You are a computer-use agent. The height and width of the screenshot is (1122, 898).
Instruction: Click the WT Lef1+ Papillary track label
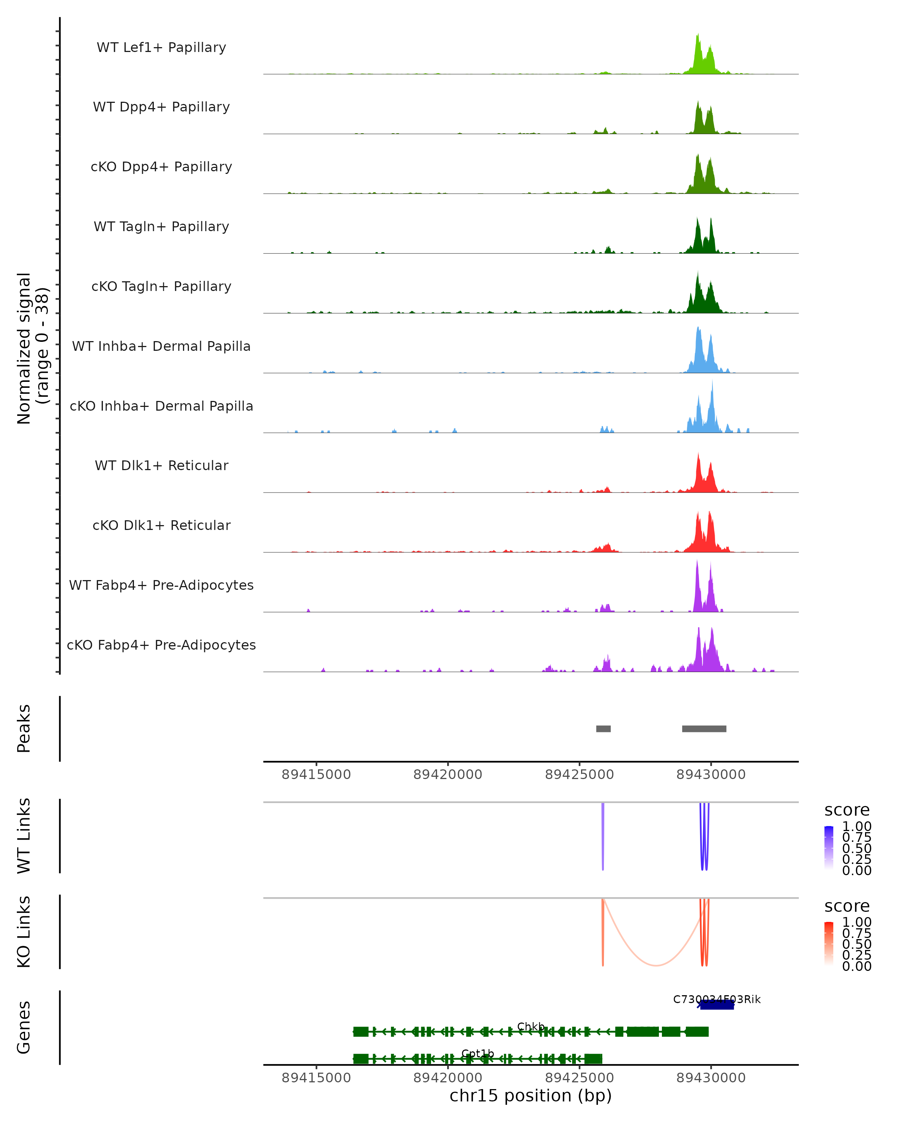click(x=161, y=47)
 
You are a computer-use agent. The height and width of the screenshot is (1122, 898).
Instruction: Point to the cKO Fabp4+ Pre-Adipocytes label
click(x=161, y=645)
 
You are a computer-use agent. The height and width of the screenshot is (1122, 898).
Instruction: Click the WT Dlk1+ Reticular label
click(x=161, y=465)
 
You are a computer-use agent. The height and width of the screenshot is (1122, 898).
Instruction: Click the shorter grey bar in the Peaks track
click(x=604, y=729)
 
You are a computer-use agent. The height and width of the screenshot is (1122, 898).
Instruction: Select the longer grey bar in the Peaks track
click(x=704, y=729)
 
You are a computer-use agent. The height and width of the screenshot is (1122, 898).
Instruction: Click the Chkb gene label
click(x=531, y=1026)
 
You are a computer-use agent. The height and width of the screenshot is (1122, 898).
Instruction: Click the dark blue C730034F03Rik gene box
click(x=717, y=1005)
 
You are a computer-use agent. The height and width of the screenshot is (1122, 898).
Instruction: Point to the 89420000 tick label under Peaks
click(x=448, y=775)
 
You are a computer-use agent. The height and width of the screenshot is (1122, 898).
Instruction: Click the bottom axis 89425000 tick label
click(x=580, y=1078)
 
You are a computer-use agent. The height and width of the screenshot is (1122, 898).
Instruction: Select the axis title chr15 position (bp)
click(x=531, y=1096)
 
